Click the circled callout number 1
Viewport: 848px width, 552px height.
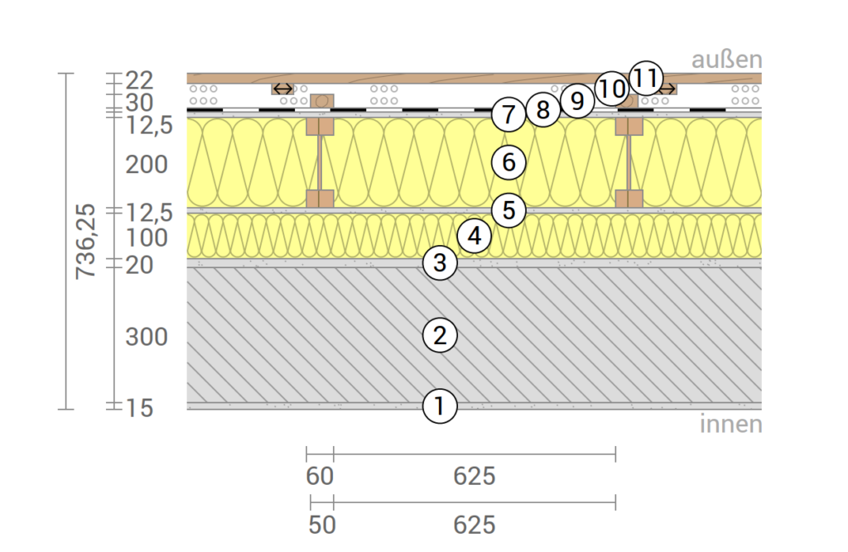tap(440, 406)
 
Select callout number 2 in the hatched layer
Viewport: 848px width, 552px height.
tap(440, 335)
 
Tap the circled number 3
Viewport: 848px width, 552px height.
tap(440, 262)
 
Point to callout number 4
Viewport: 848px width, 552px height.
tap(475, 236)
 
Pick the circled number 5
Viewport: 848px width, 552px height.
tap(509, 209)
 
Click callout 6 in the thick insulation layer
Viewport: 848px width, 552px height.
tap(509, 161)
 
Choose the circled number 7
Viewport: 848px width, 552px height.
tap(508, 114)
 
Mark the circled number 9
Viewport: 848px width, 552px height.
tap(577, 101)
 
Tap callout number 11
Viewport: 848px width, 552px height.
tap(646, 78)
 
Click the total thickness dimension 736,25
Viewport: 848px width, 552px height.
tap(85, 241)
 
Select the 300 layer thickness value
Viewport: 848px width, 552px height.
tap(147, 337)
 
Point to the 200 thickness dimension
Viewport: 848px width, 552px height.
tap(147, 165)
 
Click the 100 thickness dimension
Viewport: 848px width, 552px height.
tap(147, 238)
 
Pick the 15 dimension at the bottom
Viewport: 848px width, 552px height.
tap(139, 408)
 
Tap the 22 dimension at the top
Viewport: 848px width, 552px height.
tap(139, 80)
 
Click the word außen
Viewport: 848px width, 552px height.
tap(727, 59)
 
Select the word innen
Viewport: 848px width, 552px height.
tap(731, 424)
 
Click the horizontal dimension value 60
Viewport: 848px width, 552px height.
tap(320, 477)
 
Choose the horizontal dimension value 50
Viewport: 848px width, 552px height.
tap(322, 525)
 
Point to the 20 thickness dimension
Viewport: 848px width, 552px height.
tap(139, 265)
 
